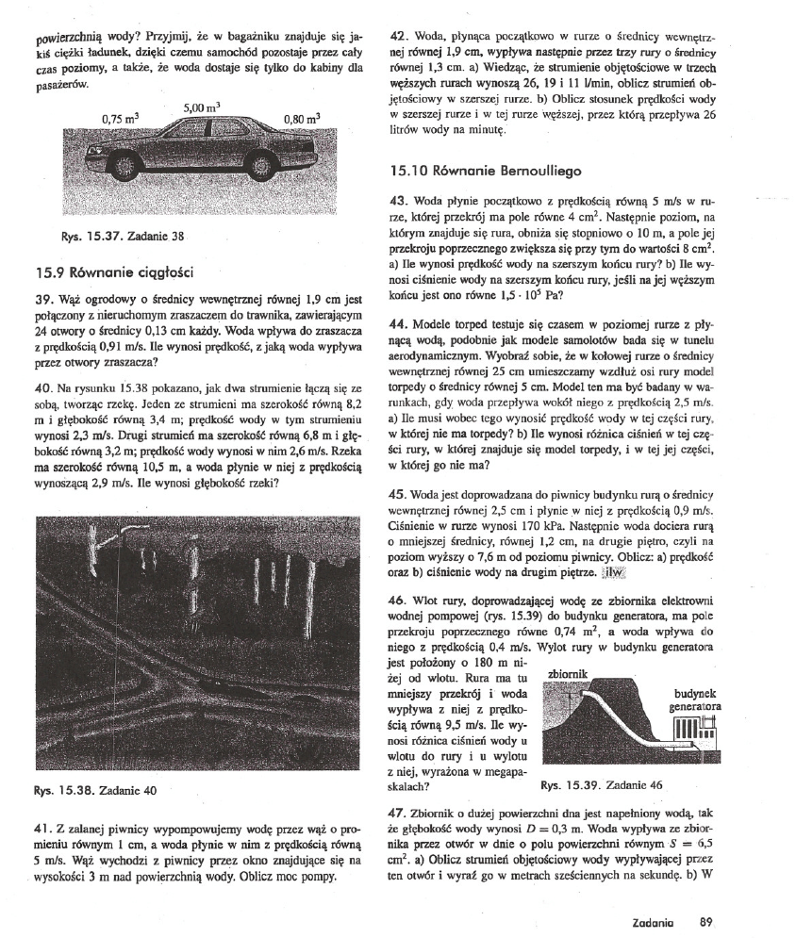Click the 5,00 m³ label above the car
(x=203, y=107)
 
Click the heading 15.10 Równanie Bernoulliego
(x=486, y=172)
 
